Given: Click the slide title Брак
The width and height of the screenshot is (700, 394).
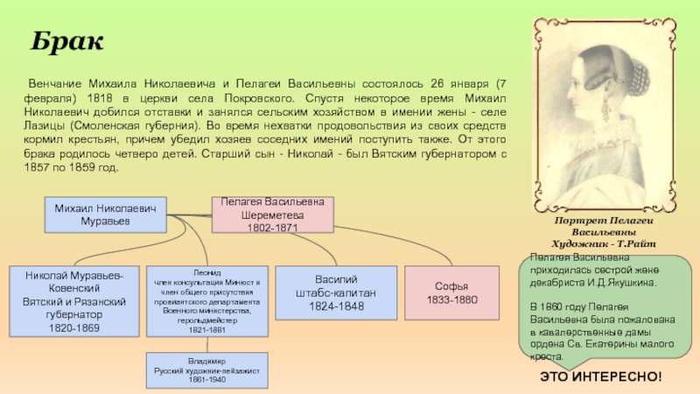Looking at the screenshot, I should click(67, 41).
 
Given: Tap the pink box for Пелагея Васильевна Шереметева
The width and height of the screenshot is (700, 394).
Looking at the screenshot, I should click(272, 215).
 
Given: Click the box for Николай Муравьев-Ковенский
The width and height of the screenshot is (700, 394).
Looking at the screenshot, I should click(73, 301).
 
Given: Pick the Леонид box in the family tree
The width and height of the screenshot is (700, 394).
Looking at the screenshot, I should click(207, 300).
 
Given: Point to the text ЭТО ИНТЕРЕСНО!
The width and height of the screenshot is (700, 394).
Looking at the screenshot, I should click(600, 376).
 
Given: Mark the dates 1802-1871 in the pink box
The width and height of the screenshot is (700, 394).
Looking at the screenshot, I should click(272, 228).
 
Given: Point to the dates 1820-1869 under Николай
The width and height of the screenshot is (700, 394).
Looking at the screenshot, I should click(73, 327).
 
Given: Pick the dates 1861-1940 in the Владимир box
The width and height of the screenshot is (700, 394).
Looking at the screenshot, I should click(207, 380).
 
